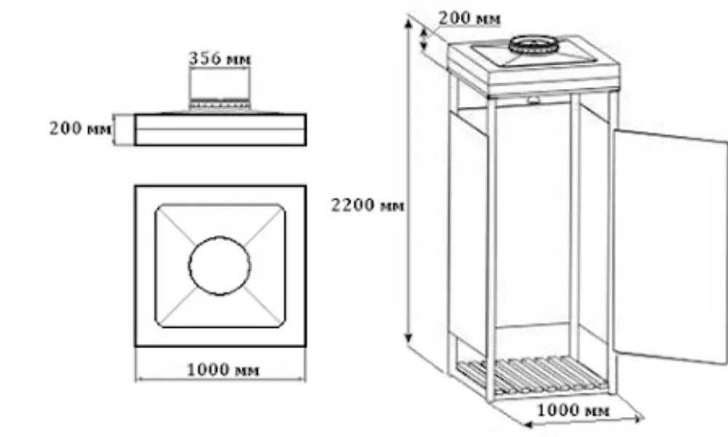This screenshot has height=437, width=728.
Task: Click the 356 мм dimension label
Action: (219, 59)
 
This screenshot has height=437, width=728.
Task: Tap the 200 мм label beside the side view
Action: (81, 130)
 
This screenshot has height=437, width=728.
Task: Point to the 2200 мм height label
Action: (367, 205)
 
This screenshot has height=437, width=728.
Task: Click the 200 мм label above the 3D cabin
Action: (470, 18)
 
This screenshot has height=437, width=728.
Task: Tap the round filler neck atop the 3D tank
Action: (531, 44)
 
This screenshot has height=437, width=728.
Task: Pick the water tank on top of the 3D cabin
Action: (535, 66)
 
